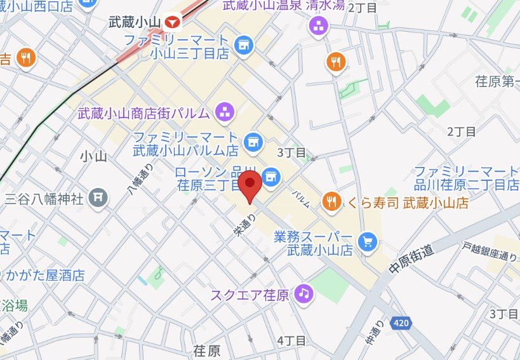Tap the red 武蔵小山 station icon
[x=172, y=22]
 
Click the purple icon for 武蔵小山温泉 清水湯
[x=317, y=26]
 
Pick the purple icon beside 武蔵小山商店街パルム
[x=223, y=113]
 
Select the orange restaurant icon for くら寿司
[x=330, y=202]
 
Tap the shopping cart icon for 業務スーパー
[x=367, y=241]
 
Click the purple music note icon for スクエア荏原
[x=305, y=293]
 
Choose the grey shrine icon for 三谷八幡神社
[x=97, y=197]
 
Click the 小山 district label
[x=94, y=156]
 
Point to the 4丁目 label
[x=291, y=341]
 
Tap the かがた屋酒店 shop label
[x=44, y=276]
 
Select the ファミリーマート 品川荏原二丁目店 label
[x=467, y=178]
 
